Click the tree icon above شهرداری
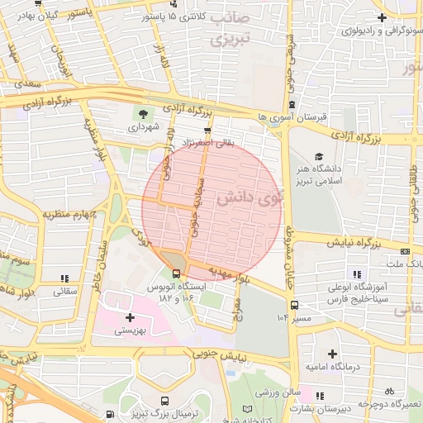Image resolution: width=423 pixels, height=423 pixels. point(145,113)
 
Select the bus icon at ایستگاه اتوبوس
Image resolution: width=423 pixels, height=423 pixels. point(176,273)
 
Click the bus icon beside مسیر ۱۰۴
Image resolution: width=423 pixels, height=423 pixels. point(296,306)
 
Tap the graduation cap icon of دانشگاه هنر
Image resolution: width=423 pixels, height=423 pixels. point(319,156)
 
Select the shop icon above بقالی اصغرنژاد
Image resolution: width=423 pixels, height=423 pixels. point(207,130)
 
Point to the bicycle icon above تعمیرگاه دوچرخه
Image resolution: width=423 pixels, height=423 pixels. point(389,392)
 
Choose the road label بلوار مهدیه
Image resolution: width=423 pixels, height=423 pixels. point(226,272)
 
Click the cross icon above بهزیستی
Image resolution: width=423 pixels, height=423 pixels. point(130,317)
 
